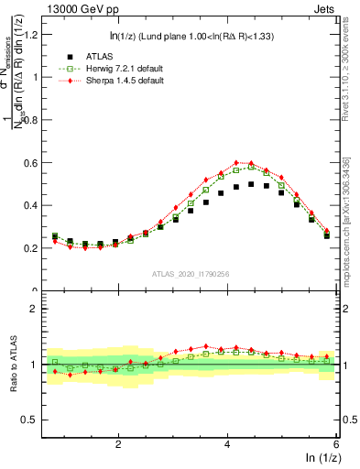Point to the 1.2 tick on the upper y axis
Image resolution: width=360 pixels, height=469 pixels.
35,35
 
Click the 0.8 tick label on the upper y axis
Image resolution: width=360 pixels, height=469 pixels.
35,120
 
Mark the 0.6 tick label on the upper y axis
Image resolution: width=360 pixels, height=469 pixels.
35,163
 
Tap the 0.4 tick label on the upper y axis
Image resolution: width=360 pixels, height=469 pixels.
35,206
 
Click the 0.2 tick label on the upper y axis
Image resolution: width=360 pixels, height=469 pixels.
35,248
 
